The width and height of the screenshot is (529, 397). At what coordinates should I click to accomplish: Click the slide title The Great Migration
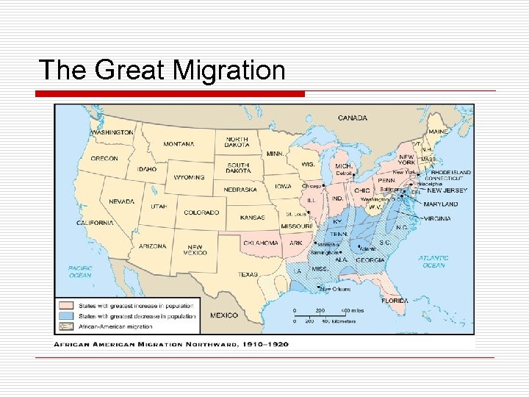[162, 70]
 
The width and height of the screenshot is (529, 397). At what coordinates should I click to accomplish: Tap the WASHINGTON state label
[112, 132]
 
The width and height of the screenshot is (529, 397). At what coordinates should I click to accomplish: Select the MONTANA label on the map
[179, 144]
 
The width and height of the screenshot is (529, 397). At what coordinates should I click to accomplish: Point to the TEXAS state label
[248, 275]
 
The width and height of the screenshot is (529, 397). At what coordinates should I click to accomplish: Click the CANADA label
[353, 118]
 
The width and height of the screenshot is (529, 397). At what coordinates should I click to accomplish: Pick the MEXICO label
[224, 315]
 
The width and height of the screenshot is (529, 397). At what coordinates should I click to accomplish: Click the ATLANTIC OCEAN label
[433, 261]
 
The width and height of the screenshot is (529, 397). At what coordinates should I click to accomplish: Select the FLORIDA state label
[395, 301]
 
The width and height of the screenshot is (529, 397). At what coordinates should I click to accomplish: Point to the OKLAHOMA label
[261, 243]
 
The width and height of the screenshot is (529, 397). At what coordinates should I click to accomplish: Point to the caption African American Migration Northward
[170, 343]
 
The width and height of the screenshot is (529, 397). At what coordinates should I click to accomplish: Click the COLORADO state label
[201, 212]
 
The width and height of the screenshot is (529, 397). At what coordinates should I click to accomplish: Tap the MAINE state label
[439, 132]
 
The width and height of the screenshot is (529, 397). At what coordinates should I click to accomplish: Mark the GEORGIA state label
[370, 260]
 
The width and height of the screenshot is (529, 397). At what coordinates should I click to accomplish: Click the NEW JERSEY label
[447, 190]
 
